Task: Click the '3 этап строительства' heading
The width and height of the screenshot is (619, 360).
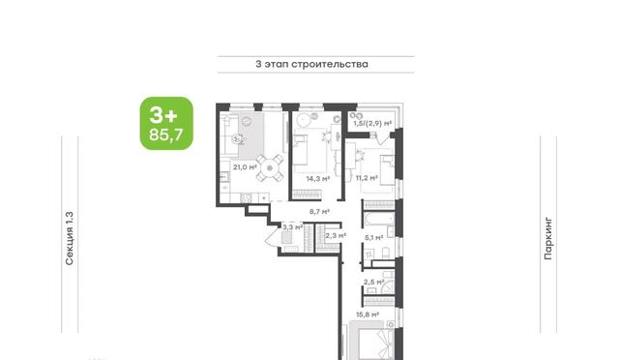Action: click(x=311, y=64)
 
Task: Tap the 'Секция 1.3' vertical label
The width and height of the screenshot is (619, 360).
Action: click(x=70, y=238)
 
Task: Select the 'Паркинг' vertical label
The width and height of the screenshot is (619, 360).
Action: click(x=548, y=238)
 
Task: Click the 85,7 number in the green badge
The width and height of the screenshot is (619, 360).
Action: click(x=166, y=135)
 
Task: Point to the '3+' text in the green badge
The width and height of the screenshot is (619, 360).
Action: click(x=163, y=115)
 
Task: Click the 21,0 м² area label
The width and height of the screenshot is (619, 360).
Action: click(x=245, y=167)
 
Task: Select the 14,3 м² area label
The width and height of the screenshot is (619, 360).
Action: click(x=318, y=179)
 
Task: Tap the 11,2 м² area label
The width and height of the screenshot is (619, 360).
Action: click(x=367, y=178)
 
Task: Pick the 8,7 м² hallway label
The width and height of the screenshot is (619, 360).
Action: click(x=319, y=211)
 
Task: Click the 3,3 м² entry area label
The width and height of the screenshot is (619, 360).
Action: click(x=292, y=227)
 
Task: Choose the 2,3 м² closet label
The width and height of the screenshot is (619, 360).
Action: click(x=336, y=236)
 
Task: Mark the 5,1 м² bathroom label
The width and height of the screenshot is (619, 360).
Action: click(x=374, y=238)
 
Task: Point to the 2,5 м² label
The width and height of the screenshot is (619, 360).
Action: click(x=374, y=283)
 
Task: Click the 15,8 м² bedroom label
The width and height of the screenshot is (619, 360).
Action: click(x=368, y=315)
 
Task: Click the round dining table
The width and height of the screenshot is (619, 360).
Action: click(x=270, y=168)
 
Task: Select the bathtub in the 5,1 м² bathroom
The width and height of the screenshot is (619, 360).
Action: click(x=379, y=219)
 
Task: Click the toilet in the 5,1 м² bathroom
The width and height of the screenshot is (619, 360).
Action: click(x=386, y=253)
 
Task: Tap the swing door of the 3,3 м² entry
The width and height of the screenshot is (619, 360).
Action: click(x=273, y=239)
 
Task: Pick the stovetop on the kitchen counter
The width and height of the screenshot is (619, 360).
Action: click(x=247, y=197)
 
